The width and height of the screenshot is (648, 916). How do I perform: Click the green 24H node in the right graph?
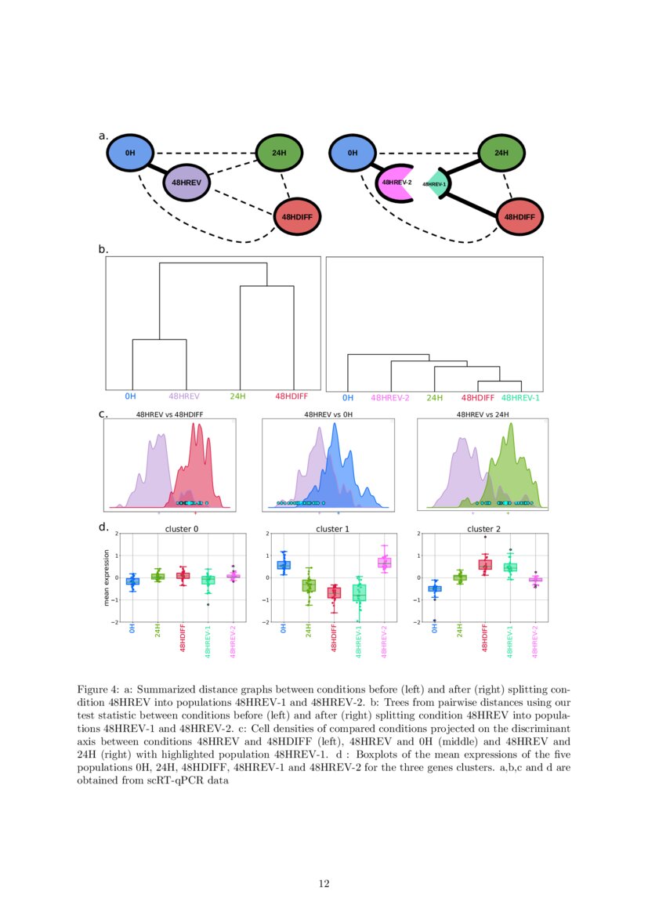pyautogui.click(x=501, y=153)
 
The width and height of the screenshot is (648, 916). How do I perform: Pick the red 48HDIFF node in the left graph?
pyautogui.click(x=299, y=216)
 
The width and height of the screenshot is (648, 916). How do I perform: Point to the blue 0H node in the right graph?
pyautogui.click(x=352, y=153)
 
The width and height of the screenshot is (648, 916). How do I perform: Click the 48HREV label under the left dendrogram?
pyautogui.click(x=186, y=396)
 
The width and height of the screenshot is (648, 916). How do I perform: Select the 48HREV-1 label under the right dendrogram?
pyautogui.click(x=520, y=398)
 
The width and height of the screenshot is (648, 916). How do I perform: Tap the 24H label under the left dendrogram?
pyautogui.click(x=237, y=396)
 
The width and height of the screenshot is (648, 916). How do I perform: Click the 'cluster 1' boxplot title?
pyautogui.click(x=332, y=529)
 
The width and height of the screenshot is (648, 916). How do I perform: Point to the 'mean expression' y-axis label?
pyautogui.click(x=107, y=577)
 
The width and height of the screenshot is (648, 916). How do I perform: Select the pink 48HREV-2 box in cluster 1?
pyautogui.click(x=384, y=563)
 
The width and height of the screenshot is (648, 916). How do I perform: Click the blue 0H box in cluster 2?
pyautogui.click(x=434, y=588)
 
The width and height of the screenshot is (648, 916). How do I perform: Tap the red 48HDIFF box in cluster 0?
pyautogui.click(x=183, y=576)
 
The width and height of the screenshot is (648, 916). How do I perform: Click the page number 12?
pyautogui.click(x=324, y=884)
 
